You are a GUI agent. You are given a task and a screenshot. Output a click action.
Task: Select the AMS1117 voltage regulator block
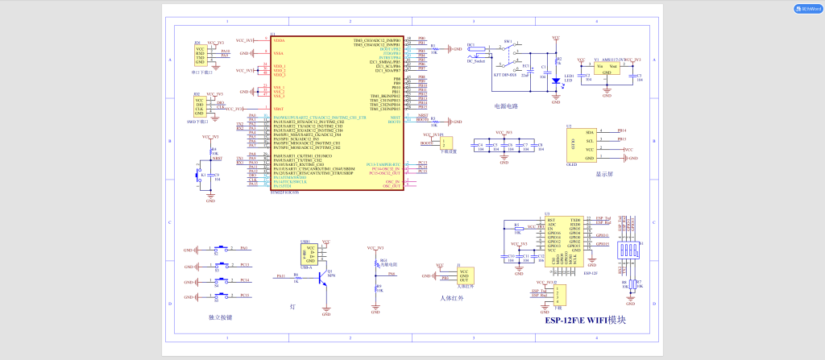tap(610, 68)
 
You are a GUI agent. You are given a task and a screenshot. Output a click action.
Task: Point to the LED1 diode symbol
tap(555, 80)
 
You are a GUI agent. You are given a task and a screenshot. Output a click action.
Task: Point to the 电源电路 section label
tap(507, 106)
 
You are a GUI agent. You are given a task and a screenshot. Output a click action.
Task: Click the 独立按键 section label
tap(220, 317)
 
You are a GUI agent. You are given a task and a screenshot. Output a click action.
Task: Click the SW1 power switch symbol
tap(508, 50)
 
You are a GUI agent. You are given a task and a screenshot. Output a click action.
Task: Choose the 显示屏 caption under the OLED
tap(605, 173)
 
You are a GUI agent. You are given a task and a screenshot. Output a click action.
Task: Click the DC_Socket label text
tap(475, 60)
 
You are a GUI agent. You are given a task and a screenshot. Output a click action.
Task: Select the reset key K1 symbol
tap(199, 175)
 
